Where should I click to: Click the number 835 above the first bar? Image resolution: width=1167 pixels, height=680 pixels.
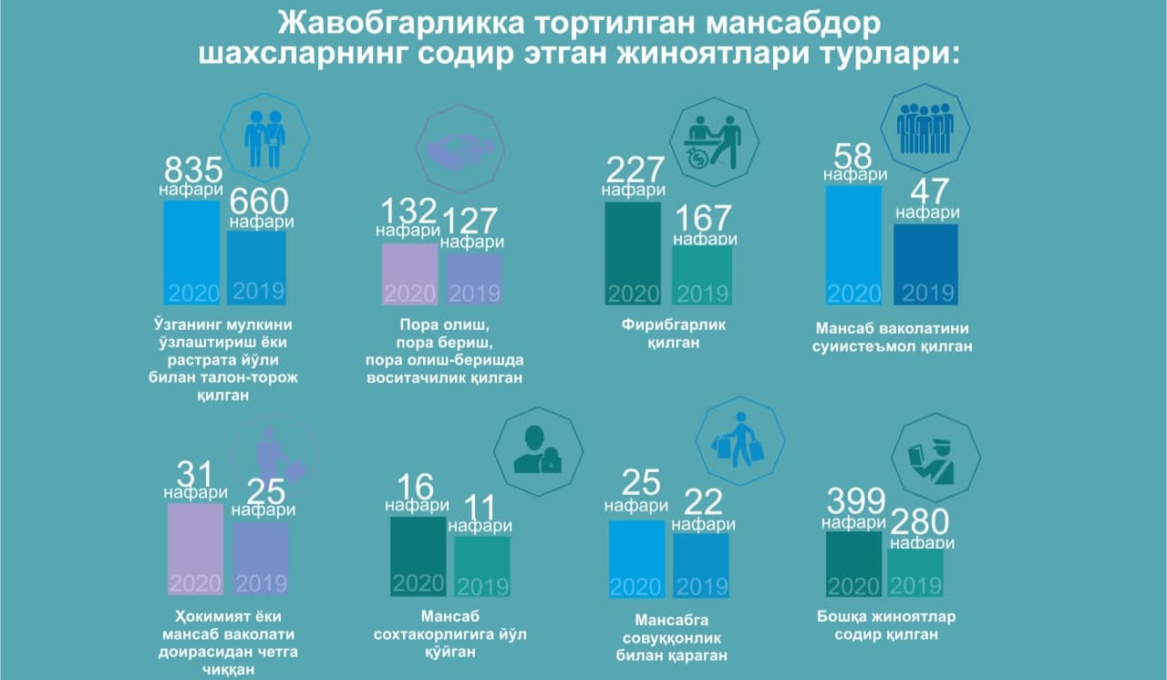tap(193, 170)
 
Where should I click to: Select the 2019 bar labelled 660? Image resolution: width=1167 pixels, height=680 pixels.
tap(257, 268)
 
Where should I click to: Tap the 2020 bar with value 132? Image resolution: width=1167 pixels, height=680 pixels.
tap(409, 274)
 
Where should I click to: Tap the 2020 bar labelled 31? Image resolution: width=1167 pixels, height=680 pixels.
tap(195, 548)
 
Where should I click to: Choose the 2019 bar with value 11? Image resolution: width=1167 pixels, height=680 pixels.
tap(482, 566)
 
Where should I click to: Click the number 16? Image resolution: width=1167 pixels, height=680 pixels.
tap(416, 488)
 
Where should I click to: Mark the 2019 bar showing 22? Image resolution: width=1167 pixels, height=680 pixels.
tap(701, 565)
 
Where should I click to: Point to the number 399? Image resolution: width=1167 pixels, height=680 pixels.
tap(855, 502)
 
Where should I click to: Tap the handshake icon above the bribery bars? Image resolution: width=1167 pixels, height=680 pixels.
tap(460, 149)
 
